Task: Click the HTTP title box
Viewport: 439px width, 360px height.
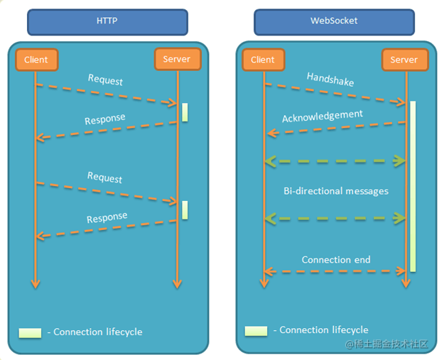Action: (107, 21)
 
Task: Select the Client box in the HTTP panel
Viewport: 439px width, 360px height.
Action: (36, 60)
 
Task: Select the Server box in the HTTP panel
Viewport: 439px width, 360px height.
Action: (177, 60)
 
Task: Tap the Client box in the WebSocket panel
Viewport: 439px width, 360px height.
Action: (263, 60)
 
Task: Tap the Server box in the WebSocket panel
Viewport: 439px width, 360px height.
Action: (404, 60)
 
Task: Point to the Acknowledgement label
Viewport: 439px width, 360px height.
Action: (322, 116)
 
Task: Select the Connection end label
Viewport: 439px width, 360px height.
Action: (335, 260)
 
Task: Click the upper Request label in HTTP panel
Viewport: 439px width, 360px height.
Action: (105, 80)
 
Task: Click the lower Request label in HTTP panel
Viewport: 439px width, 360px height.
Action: (104, 178)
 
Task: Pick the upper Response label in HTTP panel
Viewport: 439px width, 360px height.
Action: (105, 119)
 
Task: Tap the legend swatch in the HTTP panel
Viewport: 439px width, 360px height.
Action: (30, 332)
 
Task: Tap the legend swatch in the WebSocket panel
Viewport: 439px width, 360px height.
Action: (256, 331)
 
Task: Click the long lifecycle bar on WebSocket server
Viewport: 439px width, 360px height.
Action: (412, 185)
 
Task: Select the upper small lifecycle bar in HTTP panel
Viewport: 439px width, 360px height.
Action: (185, 112)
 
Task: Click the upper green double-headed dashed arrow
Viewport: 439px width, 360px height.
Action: (335, 161)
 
